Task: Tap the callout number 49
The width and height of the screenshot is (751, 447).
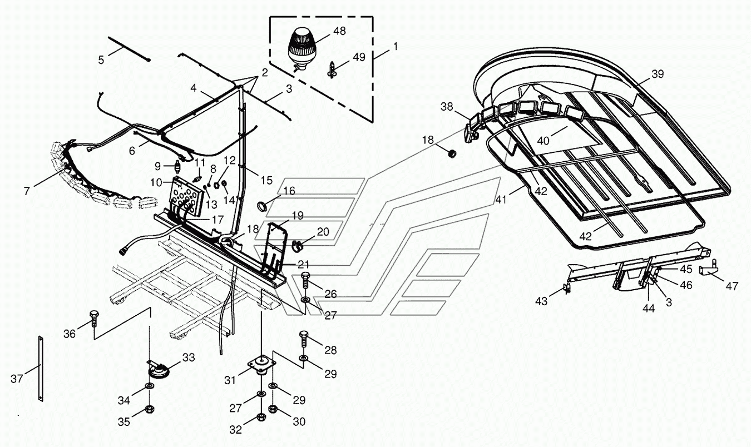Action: coord(359,57)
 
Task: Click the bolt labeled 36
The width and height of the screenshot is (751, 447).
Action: coord(93,319)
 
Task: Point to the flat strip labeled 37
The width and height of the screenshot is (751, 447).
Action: coord(41,368)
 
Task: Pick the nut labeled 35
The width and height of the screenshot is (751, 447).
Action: coord(150,410)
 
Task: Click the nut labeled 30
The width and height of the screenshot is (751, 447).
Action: coord(273,409)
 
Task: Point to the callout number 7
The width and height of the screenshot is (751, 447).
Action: coord(27,192)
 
